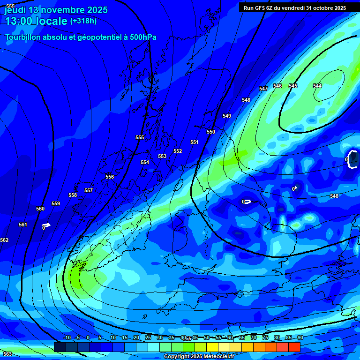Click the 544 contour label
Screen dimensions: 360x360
(x=317, y=86)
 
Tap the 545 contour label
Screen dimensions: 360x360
(x=293, y=86)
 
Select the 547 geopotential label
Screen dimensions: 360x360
(x=263, y=89)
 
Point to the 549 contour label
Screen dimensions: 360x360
(x=227, y=116)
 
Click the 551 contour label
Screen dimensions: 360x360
(x=195, y=142)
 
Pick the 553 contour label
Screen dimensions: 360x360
(x=162, y=156)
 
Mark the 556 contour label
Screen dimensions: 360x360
(x=110, y=177)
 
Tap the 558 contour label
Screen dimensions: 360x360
(x=73, y=195)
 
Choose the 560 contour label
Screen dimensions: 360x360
(x=40, y=209)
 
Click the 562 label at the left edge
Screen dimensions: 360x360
(x=4, y=240)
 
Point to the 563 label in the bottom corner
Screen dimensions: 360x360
(x=7, y=354)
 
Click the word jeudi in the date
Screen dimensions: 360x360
(x=15, y=10)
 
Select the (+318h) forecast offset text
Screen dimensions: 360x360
(x=83, y=21)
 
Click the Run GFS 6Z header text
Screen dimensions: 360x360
(x=262, y=8)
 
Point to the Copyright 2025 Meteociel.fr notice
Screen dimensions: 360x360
(x=199, y=356)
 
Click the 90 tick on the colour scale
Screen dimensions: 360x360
(x=300, y=337)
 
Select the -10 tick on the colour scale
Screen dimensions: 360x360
(x=67, y=337)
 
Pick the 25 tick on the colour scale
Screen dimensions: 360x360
(x=148, y=337)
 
